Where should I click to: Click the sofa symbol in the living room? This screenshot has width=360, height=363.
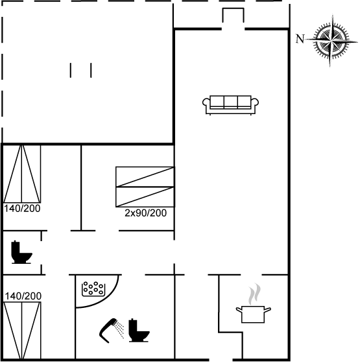(x=230, y=105)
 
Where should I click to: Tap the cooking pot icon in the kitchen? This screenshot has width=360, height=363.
(x=253, y=314)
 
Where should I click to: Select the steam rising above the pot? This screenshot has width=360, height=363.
(x=254, y=294)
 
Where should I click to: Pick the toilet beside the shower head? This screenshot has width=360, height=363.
(x=139, y=331)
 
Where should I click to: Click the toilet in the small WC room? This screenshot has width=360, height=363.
(x=21, y=252)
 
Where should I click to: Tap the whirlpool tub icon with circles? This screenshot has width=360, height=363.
(x=93, y=288)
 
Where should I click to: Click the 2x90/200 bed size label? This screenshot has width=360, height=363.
(x=145, y=213)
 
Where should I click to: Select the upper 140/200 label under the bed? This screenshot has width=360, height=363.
(x=22, y=208)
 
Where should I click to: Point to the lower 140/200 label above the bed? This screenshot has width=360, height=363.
(x=23, y=296)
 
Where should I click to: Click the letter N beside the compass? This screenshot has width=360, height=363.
(x=300, y=39)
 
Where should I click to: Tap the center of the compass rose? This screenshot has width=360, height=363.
(x=331, y=41)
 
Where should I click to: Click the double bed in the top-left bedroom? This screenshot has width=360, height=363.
(x=22, y=174)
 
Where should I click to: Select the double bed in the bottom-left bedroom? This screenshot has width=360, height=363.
(x=22, y=331)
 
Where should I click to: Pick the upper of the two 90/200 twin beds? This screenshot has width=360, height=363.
(x=145, y=176)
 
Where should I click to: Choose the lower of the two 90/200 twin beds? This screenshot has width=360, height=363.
(x=145, y=197)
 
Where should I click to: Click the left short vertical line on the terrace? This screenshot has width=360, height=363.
(x=71, y=70)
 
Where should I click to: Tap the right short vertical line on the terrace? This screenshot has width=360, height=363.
(x=91, y=70)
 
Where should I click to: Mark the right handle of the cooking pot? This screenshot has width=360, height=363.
(x=267, y=310)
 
